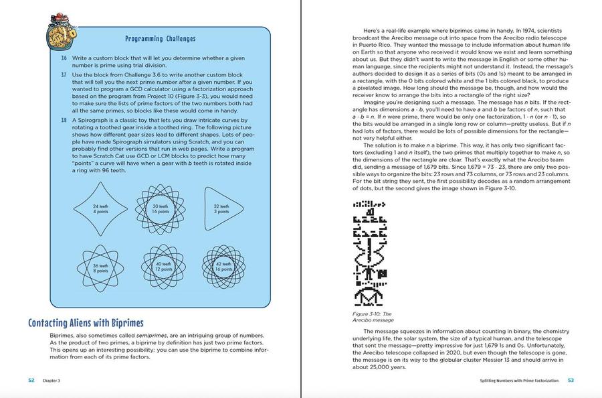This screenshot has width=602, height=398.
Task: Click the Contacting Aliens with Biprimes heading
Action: point(86,323)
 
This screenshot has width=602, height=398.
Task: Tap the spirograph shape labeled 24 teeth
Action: point(100,209)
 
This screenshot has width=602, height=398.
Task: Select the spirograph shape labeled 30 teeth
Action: point(161,209)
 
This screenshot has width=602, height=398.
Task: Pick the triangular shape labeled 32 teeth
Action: point(219,209)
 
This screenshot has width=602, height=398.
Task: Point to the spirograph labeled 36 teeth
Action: point(100,267)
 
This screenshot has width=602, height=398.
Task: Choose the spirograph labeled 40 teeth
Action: point(161,267)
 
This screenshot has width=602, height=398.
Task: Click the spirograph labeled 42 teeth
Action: point(223,267)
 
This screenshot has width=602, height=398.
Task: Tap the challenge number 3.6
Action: point(64,59)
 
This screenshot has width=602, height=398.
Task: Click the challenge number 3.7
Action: point(64,74)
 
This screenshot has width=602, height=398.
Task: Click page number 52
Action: point(31,380)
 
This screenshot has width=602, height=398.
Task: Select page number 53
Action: point(571,380)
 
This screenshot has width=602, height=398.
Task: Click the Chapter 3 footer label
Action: point(52,380)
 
